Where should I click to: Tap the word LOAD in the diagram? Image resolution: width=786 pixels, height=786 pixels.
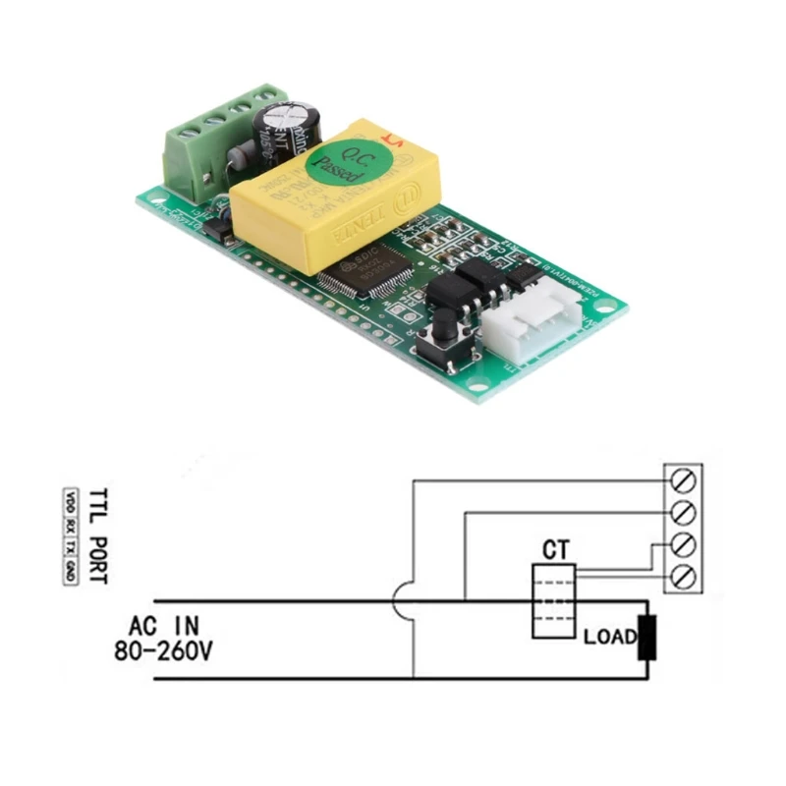[609, 637]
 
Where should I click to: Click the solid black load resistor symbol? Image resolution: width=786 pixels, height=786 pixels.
[647, 637]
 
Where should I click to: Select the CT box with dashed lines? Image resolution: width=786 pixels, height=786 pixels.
[553, 601]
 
